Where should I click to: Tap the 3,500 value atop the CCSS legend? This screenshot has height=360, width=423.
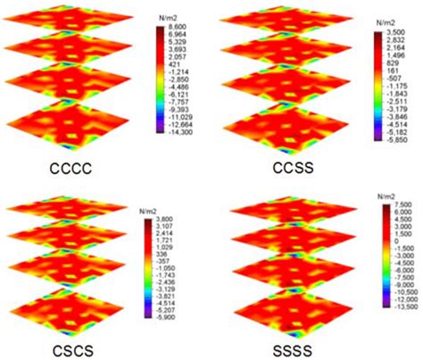(397, 32)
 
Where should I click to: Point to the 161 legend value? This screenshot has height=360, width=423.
(394, 75)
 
